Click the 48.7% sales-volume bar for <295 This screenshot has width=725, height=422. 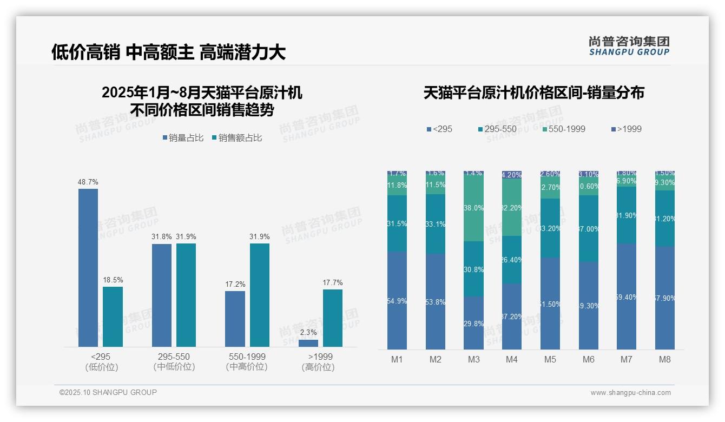[88, 267]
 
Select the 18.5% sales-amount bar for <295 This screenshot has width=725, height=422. [113, 316]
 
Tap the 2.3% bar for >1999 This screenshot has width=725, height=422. [308, 343]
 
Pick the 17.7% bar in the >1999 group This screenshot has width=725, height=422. [333, 318]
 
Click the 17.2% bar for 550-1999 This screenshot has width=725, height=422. [235, 319]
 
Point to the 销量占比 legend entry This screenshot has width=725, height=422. [183, 138]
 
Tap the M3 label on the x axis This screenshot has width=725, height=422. [473, 359]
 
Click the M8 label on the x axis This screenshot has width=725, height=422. [665, 359]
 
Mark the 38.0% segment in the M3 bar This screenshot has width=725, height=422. [473, 208]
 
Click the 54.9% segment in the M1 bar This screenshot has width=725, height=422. [397, 300]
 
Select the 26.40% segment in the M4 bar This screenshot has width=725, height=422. [512, 260]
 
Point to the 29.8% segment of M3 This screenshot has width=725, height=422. [473, 323]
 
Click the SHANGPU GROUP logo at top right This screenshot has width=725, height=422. [629, 45]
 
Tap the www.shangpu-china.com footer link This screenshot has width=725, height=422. [630, 393]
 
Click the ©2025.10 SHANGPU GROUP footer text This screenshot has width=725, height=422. [108, 392]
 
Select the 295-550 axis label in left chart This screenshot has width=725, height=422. [174, 361]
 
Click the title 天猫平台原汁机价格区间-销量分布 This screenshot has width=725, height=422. [533, 93]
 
